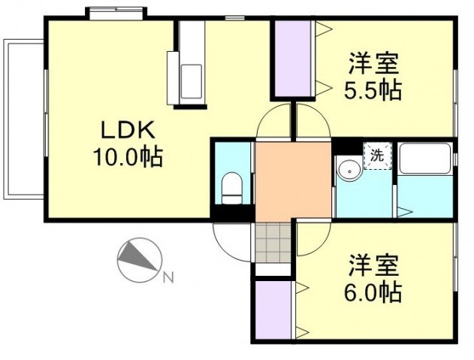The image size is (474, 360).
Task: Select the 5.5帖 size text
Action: [372, 91]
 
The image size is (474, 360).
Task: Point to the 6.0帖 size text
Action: [373, 291]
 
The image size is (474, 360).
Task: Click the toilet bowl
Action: [231, 187]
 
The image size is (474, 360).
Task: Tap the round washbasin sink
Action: [349, 169]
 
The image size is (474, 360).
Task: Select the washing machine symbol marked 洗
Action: [376, 156]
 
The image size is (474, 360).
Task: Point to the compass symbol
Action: [138, 259]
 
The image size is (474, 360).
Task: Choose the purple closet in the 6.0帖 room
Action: [273, 310]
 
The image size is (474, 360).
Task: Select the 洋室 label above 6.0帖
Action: [373, 265]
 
